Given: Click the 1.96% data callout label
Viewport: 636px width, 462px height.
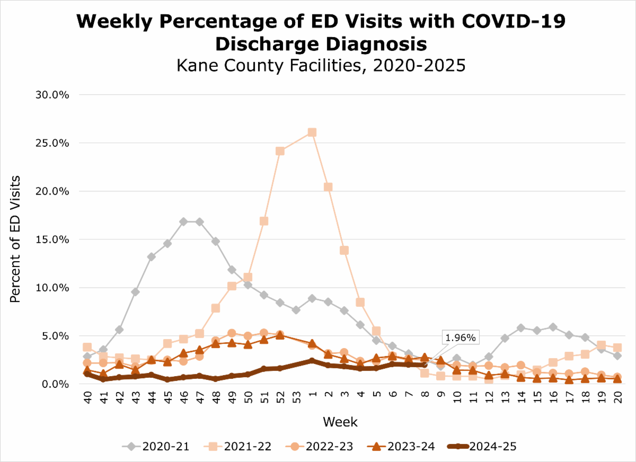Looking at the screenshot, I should click(x=460, y=337).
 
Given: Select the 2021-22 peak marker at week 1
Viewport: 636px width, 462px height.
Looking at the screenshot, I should click(x=312, y=132).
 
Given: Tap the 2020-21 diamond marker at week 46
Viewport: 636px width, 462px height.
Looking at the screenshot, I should click(x=183, y=221).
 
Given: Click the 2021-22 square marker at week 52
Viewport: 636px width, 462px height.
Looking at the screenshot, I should click(x=280, y=151).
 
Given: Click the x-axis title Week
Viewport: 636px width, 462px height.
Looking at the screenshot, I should click(x=341, y=422).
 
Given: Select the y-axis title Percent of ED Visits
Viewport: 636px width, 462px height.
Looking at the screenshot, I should click(x=15, y=239).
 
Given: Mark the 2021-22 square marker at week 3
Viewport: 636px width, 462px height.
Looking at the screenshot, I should click(x=344, y=250).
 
